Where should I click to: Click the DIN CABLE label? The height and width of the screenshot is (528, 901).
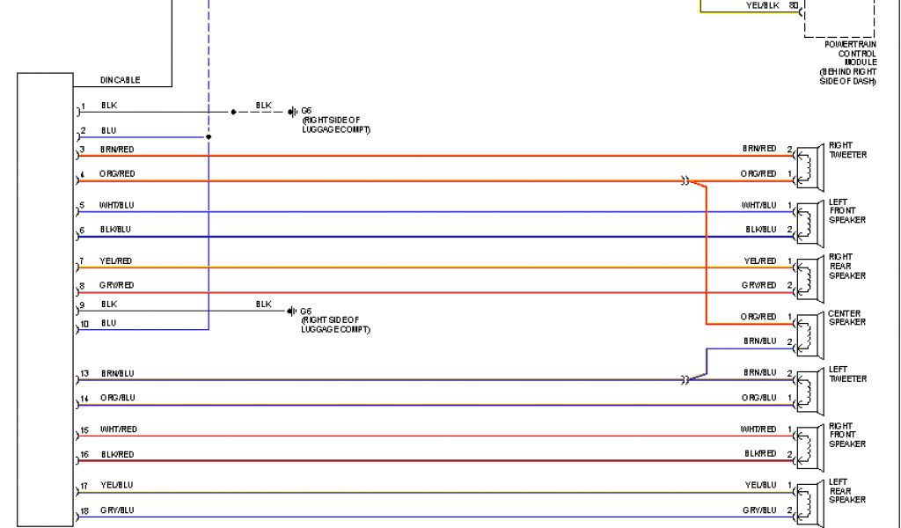(120, 80)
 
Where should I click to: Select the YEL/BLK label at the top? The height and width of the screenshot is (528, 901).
(762, 5)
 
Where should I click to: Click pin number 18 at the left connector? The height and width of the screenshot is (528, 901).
(84, 510)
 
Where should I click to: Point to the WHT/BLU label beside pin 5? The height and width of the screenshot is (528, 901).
(117, 205)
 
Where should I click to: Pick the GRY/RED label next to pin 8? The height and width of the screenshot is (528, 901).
(117, 285)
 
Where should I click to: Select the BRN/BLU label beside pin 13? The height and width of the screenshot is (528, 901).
(117, 373)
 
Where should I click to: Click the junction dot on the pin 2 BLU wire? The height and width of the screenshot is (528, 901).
(209, 137)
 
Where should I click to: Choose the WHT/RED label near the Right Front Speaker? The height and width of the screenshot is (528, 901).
(758, 429)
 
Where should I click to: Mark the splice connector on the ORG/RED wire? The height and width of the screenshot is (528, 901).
(684, 181)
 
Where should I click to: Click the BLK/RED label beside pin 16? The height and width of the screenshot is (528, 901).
(117, 454)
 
